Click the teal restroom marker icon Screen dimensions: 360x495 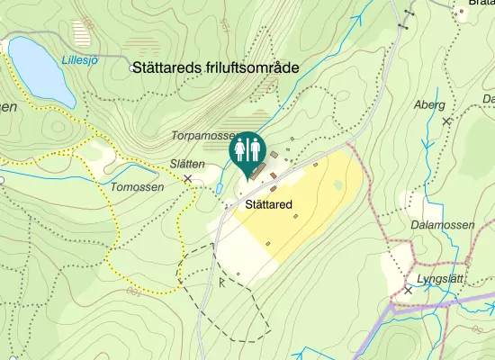point(247,148)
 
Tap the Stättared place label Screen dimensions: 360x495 point(268,205)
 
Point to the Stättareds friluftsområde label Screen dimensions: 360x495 point(215,67)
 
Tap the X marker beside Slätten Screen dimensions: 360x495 point(188,179)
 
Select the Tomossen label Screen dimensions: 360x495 point(138,187)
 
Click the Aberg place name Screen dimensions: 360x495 point(428,104)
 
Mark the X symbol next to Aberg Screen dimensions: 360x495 point(445,121)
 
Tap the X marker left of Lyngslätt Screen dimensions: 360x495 point(408,290)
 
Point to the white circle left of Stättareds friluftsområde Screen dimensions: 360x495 point(132,67)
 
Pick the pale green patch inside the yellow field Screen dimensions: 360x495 point(337,185)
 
